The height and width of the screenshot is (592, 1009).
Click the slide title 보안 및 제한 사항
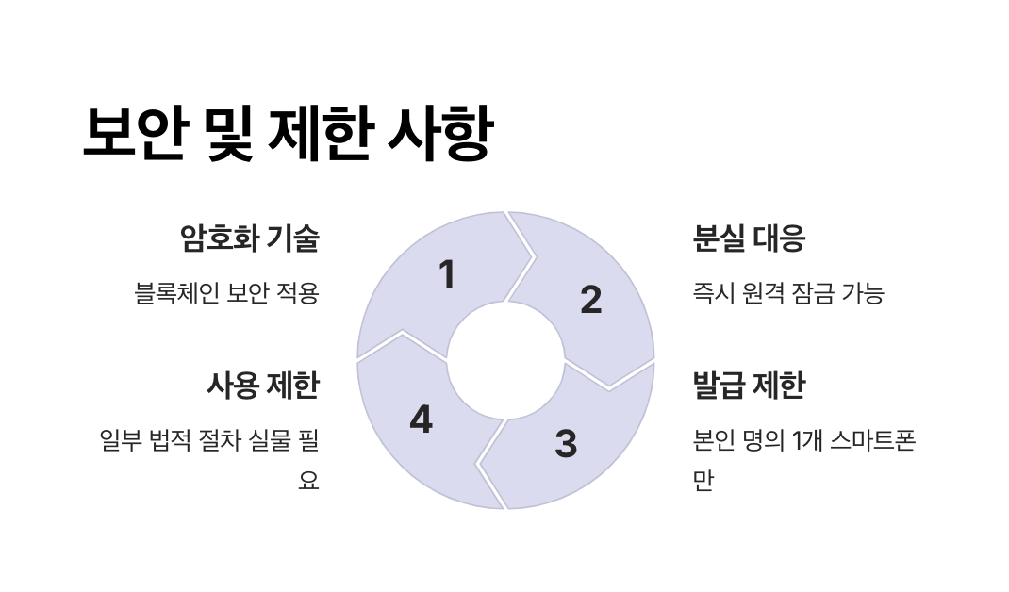[x=287, y=135]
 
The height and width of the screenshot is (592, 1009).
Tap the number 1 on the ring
[x=447, y=275]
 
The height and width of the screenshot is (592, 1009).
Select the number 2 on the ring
[x=590, y=300]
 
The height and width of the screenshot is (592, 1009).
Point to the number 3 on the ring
[x=565, y=444]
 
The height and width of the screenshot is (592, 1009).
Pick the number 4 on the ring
[x=421, y=419]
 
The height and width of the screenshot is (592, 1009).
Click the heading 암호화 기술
[x=250, y=239]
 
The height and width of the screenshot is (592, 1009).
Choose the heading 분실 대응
[x=749, y=239]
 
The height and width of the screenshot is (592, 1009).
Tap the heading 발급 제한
[x=749, y=386]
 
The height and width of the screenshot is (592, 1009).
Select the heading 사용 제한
[x=263, y=386]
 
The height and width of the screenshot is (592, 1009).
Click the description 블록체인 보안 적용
[x=227, y=293]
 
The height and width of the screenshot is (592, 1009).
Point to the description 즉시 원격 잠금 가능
[x=788, y=293]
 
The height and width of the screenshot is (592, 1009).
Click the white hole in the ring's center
[x=504, y=361]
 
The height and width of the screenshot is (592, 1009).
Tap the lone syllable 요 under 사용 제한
[x=308, y=481]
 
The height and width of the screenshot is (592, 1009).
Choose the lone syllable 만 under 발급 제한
[x=703, y=481]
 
